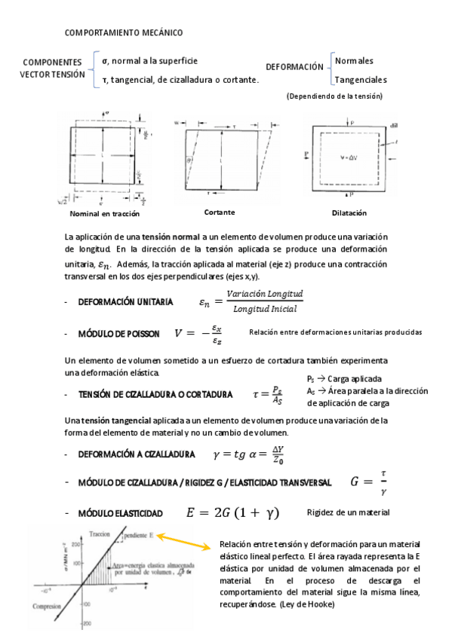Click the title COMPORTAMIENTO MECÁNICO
(x=123, y=33)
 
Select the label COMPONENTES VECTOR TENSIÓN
(x=52, y=69)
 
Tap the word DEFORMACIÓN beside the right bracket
(x=294, y=67)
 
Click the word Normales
(x=354, y=60)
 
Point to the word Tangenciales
(x=361, y=79)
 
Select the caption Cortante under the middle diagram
(x=219, y=212)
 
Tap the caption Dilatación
(x=349, y=213)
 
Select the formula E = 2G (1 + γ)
(x=232, y=513)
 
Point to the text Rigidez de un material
(x=348, y=513)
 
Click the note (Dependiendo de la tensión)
(x=334, y=96)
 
